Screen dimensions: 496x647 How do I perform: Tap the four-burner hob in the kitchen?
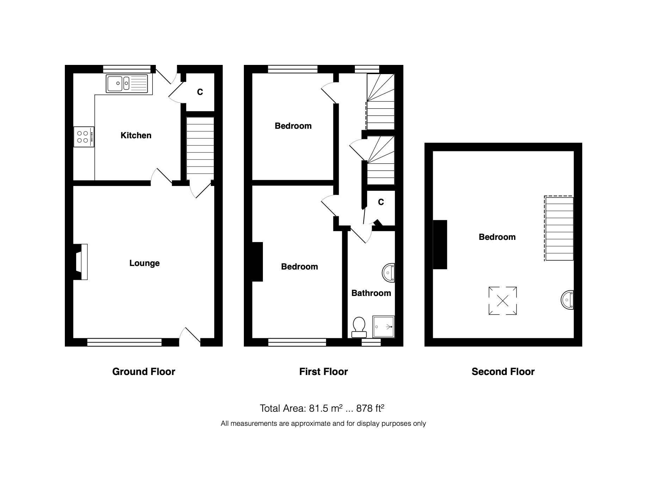(84, 137)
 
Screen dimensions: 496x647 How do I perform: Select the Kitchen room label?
(136, 135)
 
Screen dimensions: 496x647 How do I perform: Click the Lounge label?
(144, 263)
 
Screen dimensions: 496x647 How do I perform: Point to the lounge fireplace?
(81, 262)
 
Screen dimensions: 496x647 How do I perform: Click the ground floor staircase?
(200, 149)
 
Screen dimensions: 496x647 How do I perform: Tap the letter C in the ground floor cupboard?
(200, 92)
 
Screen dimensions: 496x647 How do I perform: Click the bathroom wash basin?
(389, 273)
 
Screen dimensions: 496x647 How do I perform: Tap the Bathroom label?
(371, 293)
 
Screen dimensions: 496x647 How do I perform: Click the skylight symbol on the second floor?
(503, 301)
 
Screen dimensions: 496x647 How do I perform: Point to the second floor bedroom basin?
(568, 300)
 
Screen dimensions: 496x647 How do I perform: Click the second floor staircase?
(559, 229)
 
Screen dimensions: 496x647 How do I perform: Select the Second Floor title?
(503, 371)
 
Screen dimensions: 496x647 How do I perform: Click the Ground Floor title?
(143, 371)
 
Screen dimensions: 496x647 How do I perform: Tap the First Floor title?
(323, 371)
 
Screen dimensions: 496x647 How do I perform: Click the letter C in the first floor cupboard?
(381, 202)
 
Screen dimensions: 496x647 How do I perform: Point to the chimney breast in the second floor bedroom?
(440, 244)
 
